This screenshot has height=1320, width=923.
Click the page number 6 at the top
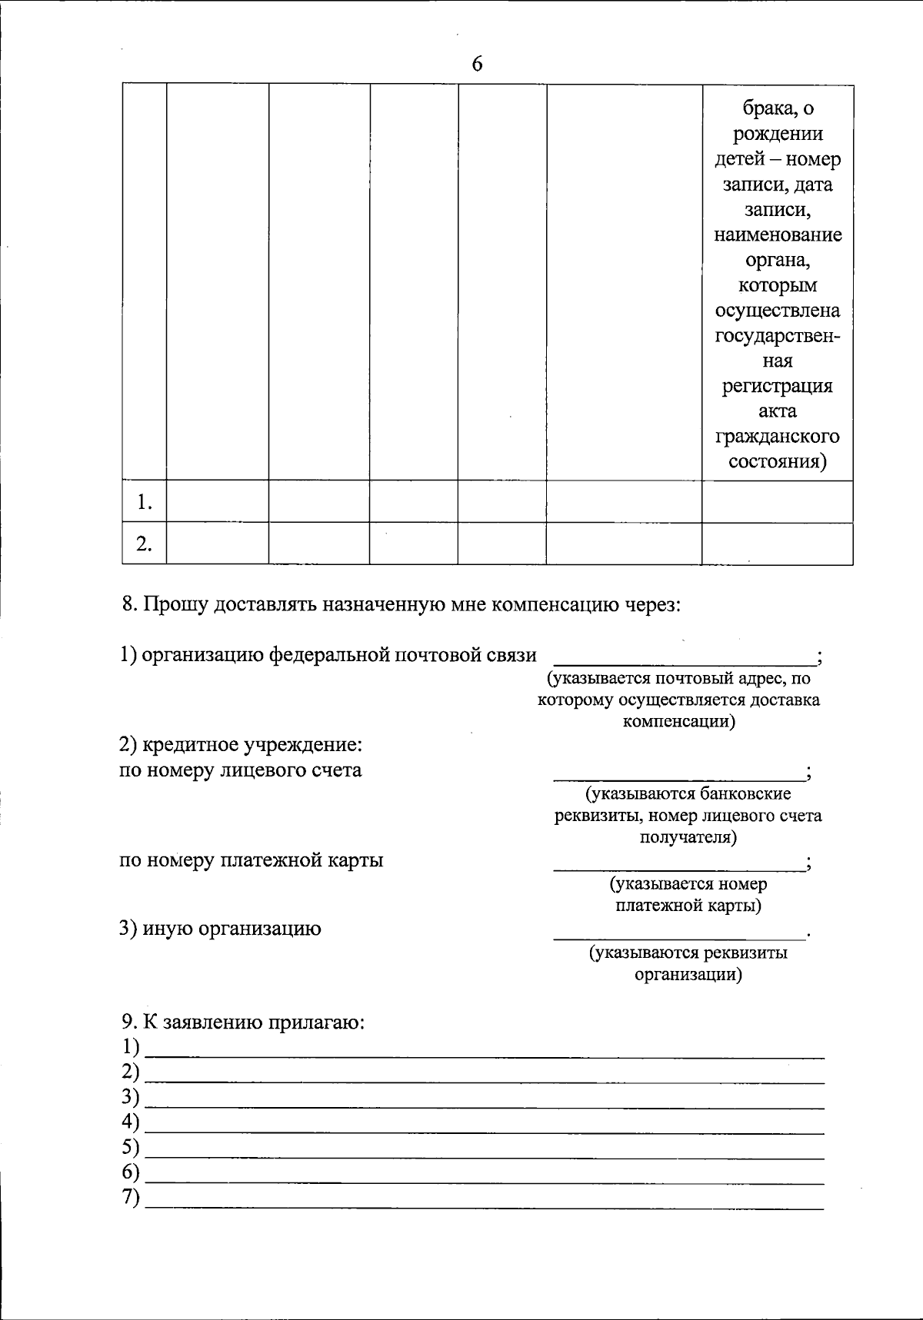point(477,65)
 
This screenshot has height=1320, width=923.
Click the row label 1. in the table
point(145,502)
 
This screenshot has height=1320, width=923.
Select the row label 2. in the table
point(145,544)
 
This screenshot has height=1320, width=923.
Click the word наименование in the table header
point(778,234)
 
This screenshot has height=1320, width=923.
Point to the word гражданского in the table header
point(778,437)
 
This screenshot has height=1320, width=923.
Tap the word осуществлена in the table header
point(778,311)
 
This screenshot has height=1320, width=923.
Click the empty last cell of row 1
point(777,502)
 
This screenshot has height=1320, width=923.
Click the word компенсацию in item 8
point(551,604)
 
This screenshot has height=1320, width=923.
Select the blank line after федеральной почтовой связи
point(685,660)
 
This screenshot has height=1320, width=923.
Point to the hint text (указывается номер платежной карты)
point(688,895)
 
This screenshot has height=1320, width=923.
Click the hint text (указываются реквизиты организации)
point(688,964)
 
